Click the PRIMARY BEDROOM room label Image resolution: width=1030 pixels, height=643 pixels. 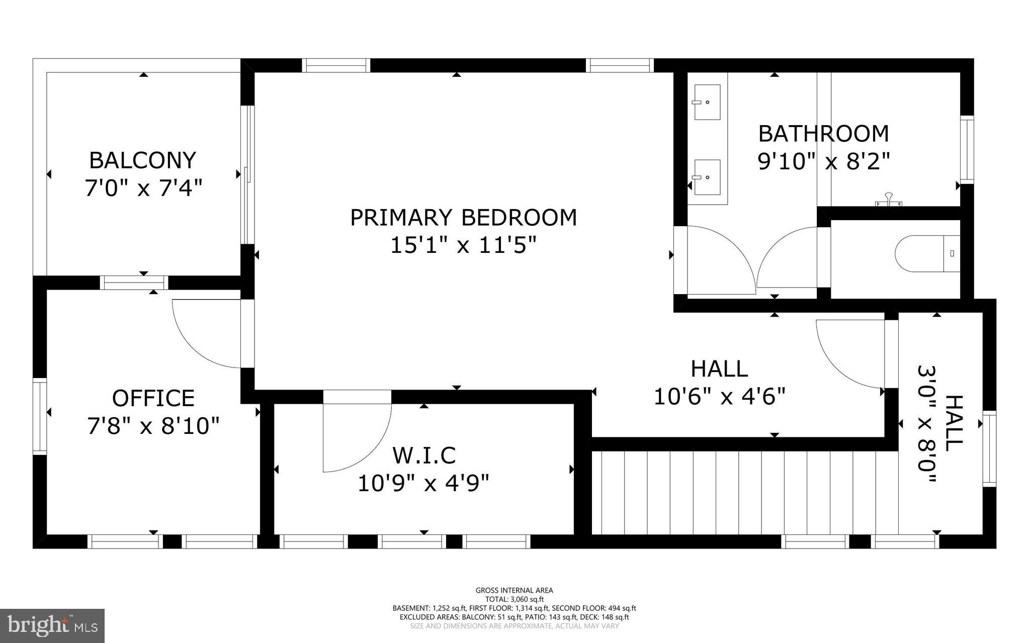463,218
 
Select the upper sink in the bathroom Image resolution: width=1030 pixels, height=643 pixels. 707,102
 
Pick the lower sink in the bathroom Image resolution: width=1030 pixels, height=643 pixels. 707,177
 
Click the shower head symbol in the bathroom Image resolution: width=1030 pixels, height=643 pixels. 889,200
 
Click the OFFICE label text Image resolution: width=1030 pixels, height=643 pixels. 153,398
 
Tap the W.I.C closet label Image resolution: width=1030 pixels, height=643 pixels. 423,455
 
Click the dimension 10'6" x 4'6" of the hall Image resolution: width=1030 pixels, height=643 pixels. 719,397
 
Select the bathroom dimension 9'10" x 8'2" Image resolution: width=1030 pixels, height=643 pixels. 823,162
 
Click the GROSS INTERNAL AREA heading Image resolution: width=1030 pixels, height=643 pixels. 514,590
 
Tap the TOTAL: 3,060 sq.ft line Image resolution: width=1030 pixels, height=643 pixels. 514,599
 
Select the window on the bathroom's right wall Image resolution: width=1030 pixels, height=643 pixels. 967,149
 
